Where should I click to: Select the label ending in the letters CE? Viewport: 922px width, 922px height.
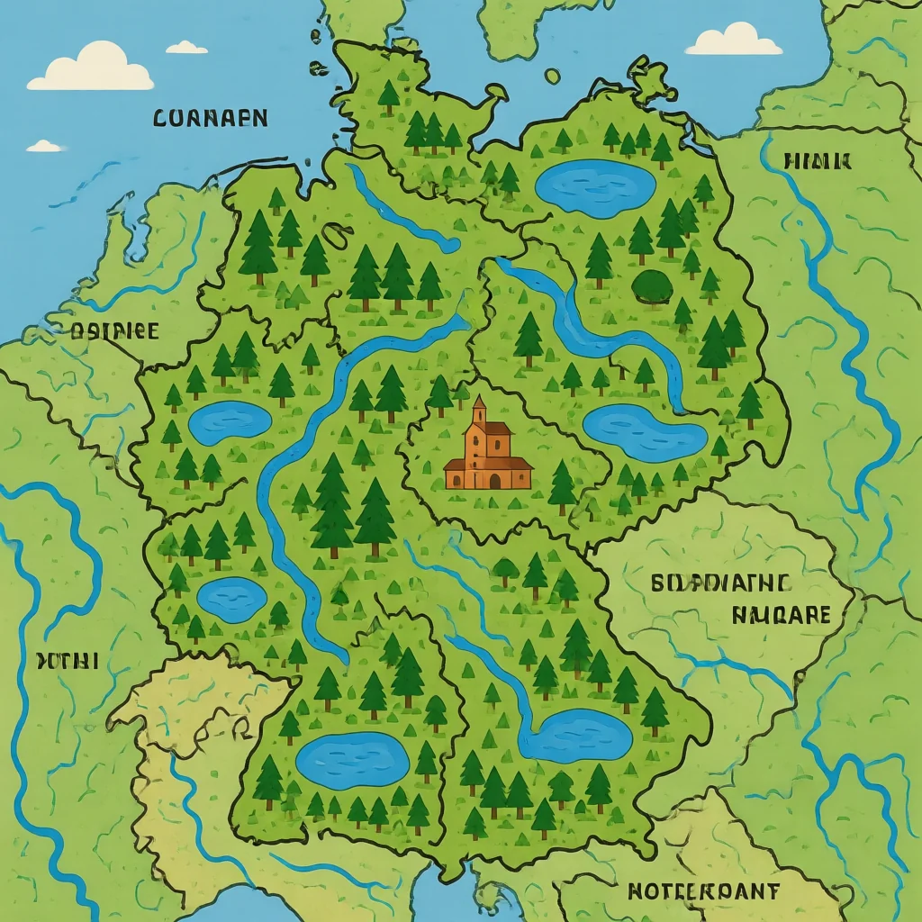(x=114, y=330)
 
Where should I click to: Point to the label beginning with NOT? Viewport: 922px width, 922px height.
(x=703, y=891)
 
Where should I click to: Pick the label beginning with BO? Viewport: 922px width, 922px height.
(x=720, y=583)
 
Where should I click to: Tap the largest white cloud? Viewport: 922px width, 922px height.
(x=90, y=69)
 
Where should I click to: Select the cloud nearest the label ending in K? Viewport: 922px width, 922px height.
(x=734, y=41)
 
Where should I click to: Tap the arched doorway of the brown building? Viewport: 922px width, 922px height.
(x=494, y=481)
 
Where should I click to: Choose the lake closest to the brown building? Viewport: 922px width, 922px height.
(x=645, y=431)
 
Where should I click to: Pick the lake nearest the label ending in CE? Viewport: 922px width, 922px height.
(x=230, y=421)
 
